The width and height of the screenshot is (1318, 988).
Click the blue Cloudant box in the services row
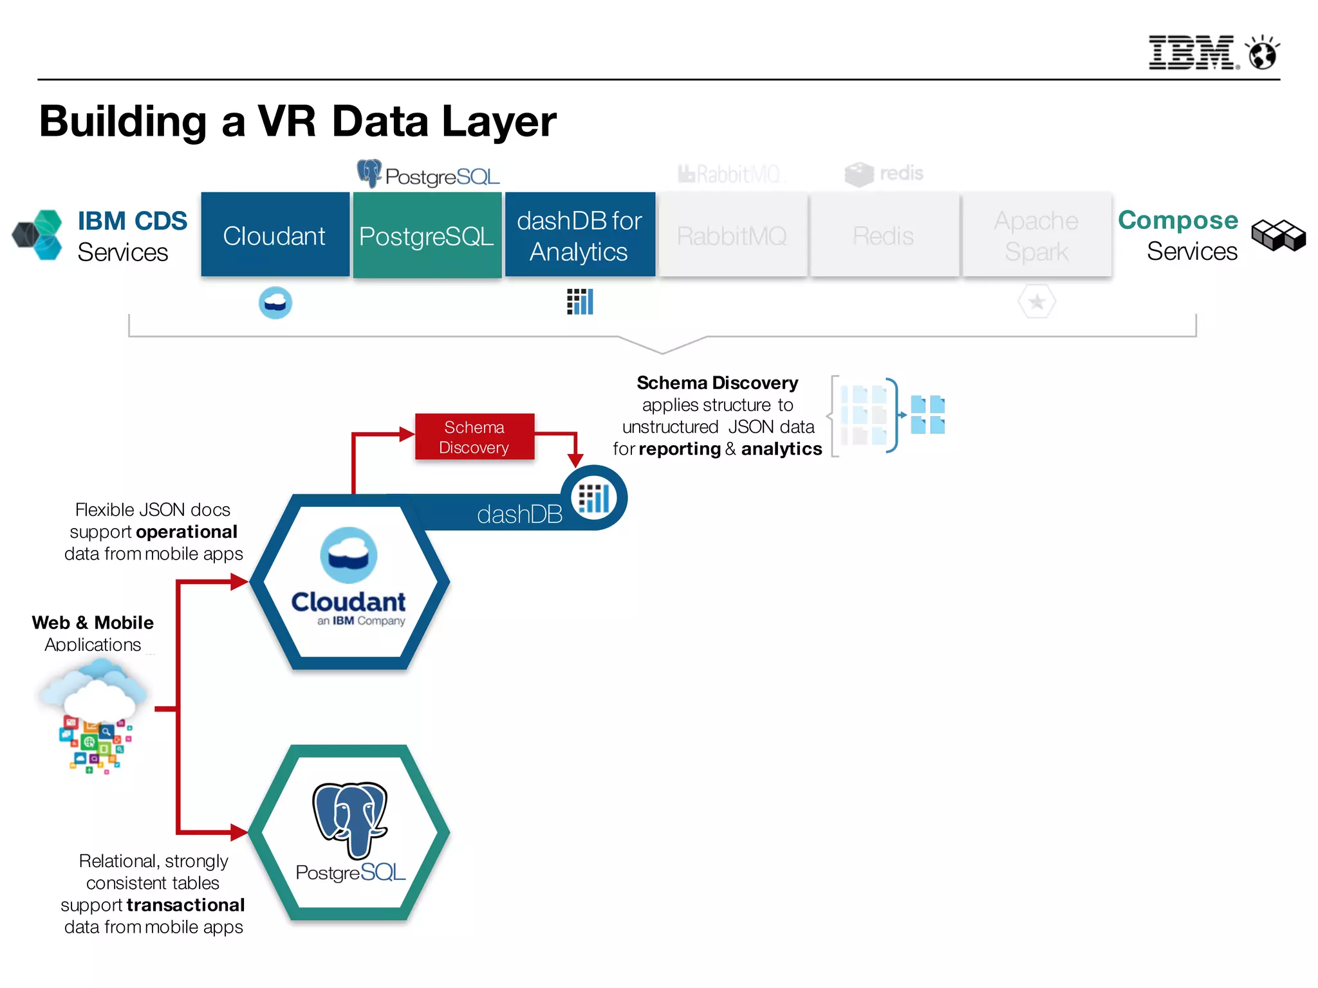pos(275,235)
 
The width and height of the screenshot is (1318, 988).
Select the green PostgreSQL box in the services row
pos(427,235)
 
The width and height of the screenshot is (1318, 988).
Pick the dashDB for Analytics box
pos(579,235)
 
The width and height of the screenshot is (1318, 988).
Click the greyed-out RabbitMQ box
pos(732,235)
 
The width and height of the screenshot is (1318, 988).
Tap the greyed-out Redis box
pos(884,235)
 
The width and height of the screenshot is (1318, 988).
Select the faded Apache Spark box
pos(1036,235)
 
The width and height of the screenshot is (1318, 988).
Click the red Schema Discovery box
pos(474,437)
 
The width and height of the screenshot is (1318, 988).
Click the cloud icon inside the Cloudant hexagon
pos(349,555)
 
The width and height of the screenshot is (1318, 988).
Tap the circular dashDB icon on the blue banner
pos(593,498)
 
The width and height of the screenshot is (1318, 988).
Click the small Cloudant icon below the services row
pos(275,302)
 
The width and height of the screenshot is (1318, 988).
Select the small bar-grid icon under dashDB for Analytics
pos(579,301)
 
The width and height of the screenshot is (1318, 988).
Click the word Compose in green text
pos(1178,220)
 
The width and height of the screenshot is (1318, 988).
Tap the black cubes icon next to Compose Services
pos(1278,235)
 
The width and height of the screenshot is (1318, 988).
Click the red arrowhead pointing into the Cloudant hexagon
pos(240,582)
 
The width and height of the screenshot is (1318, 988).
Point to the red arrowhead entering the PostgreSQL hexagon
pos(239,832)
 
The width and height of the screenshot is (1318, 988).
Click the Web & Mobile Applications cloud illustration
pos(94,714)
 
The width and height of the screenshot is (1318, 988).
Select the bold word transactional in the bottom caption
pos(185,905)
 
